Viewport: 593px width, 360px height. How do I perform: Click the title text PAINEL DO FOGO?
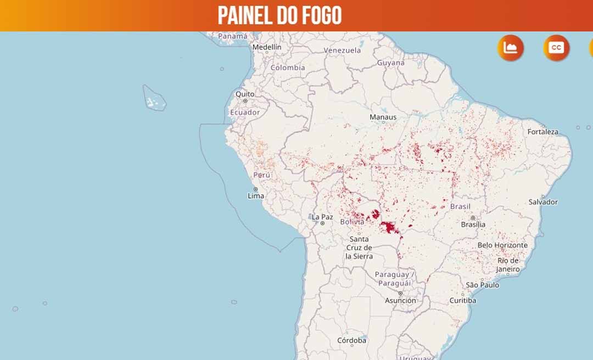pos(279,15)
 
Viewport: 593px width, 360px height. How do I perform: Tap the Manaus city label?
pos(383,117)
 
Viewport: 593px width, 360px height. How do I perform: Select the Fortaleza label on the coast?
pos(542,132)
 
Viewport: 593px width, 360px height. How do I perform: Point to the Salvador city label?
pos(542,202)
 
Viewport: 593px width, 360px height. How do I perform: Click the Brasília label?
pos(473,224)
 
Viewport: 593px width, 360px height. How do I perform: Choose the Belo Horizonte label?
pos(502,245)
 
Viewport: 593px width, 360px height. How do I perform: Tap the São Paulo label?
pos(482,285)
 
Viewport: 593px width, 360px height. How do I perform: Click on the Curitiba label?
pos(463,300)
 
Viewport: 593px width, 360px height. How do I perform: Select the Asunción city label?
pos(400,300)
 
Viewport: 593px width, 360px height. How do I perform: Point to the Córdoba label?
pos(351,340)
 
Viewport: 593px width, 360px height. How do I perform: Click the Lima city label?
pos(256,195)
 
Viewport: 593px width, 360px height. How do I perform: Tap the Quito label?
pos(245,94)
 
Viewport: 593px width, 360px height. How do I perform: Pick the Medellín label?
pos(267,47)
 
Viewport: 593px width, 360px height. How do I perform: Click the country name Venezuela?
pos(342,50)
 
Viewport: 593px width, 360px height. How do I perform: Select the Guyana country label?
pos(390,63)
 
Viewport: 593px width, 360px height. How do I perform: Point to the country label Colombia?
pos(287,67)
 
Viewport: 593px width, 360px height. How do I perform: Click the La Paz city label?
pos(322,217)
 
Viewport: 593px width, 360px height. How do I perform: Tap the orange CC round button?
pos(556,48)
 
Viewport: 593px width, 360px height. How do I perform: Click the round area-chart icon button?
pos(511,48)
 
